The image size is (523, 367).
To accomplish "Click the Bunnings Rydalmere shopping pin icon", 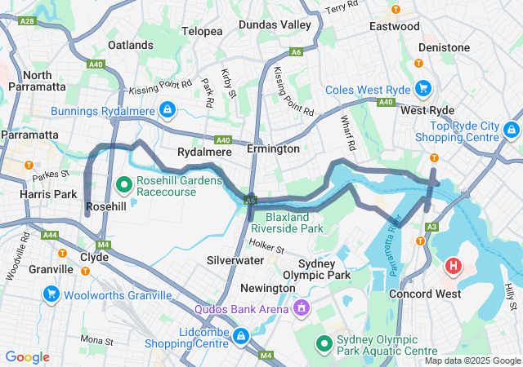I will [x=167, y=108].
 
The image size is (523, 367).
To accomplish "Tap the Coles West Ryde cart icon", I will [x=422, y=87].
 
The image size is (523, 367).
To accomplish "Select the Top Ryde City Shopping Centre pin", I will [x=512, y=130].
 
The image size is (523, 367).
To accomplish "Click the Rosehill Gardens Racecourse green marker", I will [x=124, y=183].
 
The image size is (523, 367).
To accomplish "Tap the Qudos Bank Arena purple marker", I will [x=301, y=308].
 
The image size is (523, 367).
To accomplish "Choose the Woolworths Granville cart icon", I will [x=51, y=293].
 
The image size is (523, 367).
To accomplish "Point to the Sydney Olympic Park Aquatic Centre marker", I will [x=324, y=343].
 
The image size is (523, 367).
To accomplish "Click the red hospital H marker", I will [x=453, y=266].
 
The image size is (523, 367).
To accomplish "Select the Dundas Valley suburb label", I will [x=275, y=25].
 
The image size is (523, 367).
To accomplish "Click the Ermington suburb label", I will [x=273, y=149].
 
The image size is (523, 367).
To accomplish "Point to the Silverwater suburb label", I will [x=235, y=259].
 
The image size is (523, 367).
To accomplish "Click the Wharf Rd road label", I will [x=347, y=134].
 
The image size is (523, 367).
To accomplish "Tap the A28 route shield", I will [x=26, y=20].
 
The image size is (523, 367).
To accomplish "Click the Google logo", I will [x=27, y=357].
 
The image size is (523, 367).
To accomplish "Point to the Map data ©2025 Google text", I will [x=471, y=360].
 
